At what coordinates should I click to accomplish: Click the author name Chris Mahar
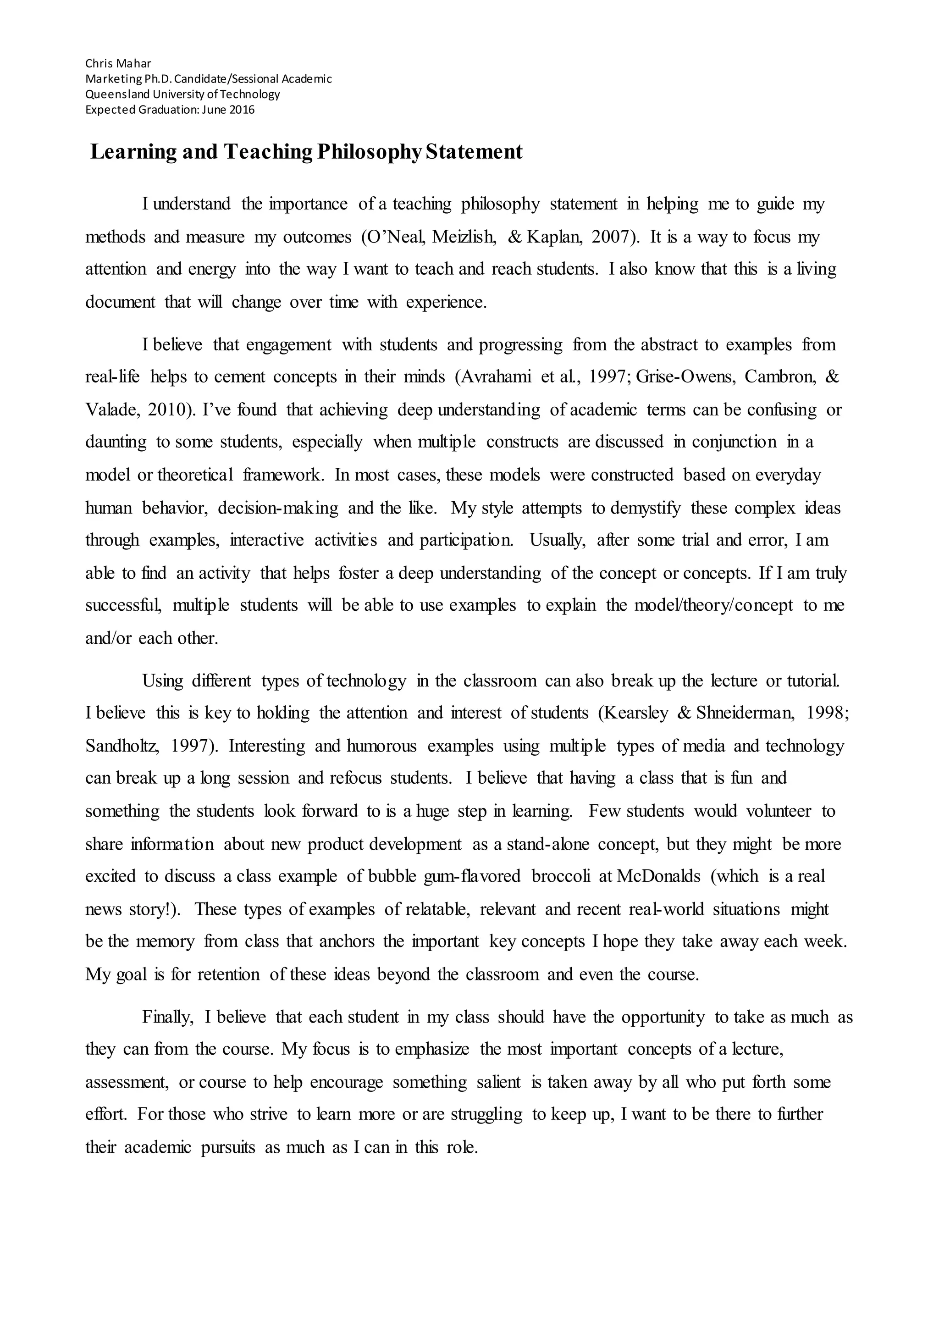[118, 63]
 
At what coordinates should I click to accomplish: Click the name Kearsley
[635, 713]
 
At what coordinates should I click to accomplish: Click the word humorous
[381, 746]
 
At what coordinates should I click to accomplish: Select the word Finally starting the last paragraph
[168, 1018]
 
